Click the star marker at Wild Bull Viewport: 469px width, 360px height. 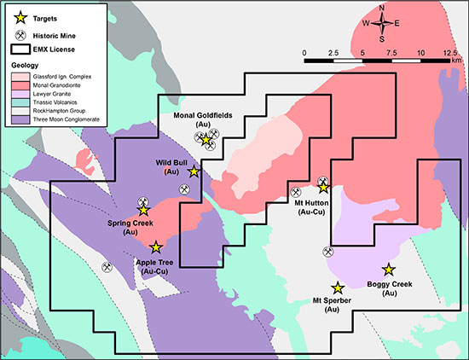click(x=194, y=171)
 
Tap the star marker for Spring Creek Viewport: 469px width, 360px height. click(x=143, y=210)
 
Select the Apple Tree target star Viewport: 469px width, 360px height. click(x=155, y=247)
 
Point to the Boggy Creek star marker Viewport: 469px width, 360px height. click(x=389, y=269)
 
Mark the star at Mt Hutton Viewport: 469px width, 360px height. click(x=324, y=188)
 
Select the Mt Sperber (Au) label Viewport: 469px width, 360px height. click(x=337, y=306)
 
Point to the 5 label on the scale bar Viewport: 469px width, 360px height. click(x=363, y=53)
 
